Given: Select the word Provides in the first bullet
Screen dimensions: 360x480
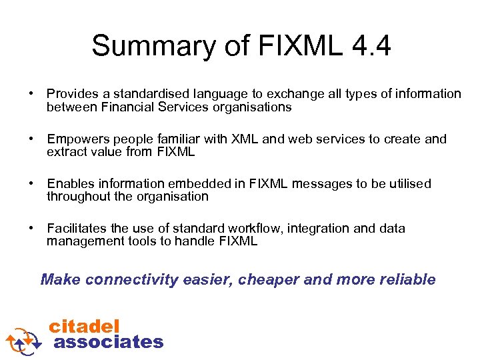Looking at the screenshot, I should [72, 94].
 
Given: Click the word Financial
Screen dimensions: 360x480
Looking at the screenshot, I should [126, 107].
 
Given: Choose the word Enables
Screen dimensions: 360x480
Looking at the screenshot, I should [70, 183].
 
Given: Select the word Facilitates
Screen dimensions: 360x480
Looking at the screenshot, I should [77, 229].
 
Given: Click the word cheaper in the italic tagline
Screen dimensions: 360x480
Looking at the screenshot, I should [269, 279].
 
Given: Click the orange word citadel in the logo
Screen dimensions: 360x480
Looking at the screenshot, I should [85, 327].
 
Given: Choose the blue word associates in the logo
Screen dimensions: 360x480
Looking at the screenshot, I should [108, 342].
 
